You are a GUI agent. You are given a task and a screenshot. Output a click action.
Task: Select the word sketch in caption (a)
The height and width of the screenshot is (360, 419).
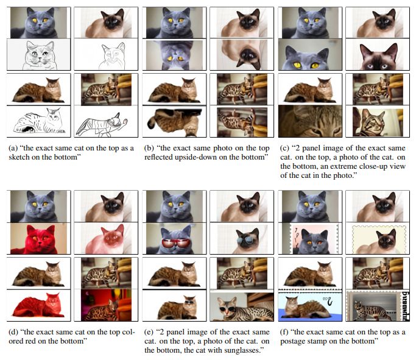(x=17, y=157)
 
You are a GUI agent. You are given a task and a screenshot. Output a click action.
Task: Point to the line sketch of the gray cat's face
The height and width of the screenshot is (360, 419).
(x=38, y=54)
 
